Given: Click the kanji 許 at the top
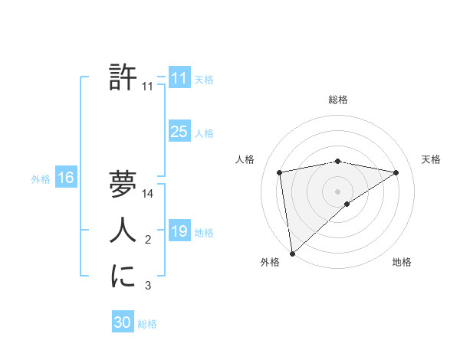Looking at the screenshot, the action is click(x=123, y=77).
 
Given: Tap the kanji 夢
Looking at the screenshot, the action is click(x=123, y=185).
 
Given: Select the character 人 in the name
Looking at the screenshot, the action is click(x=123, y=231).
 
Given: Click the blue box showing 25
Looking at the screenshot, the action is click(x=179, y=132).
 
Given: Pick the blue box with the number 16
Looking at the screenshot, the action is click(x=65, y=178).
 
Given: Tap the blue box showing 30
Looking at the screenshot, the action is click(x=122, y=322).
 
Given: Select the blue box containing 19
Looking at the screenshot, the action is click(x=179, y=231).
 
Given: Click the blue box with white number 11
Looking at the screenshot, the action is click(x=179, y=78).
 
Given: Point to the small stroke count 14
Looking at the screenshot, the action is click(x=148, y=194).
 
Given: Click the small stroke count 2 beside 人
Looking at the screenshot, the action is click(x=148, y=241).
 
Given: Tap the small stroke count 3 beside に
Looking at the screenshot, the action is click(x=148, y=286).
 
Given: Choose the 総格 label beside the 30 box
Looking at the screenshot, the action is click(x=147, y=324).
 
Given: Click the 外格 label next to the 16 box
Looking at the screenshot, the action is click(x=41, y=179).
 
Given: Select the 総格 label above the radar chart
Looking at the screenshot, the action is click(x=338, y=100).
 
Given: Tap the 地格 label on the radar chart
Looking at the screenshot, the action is click(x=402, y=262).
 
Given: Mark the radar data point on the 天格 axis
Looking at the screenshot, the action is click(x=396, y=172).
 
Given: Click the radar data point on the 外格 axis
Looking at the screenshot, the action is click(x=291, y=253).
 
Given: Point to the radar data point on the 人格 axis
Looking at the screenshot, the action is click(x=280, y=172).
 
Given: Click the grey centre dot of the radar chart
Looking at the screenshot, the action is click(x=337, y=191).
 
